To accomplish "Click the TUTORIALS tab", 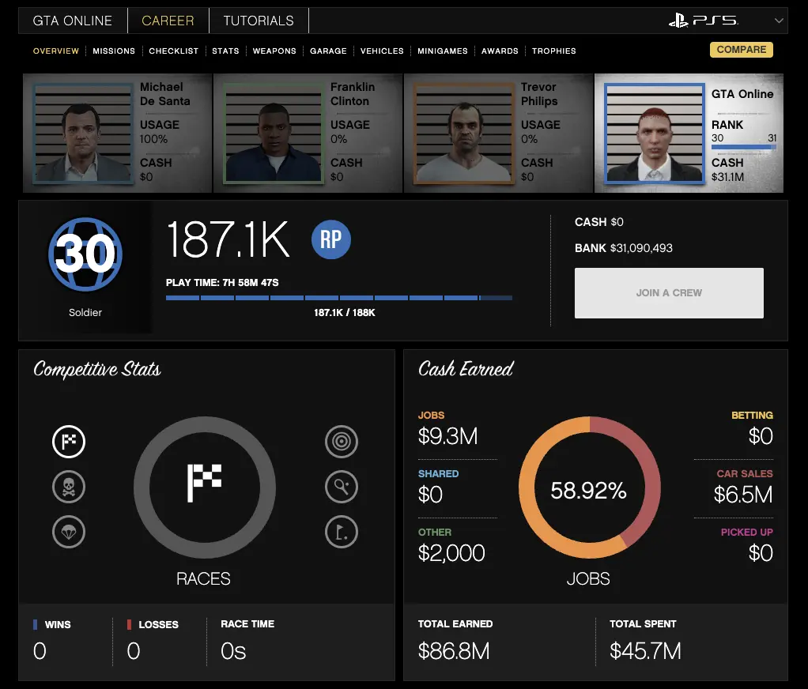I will (x=259, y=21).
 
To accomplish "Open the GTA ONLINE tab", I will (x=73, y=21).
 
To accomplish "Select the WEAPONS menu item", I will (x=274, y=51).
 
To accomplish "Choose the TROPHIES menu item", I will (x=553, y=51).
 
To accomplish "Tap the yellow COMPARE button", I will (x=741, y=50).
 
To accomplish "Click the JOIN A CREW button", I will (x=669, y=293).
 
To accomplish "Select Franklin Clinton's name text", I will (x=353, y=94).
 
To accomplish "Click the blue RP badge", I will (x=330, y=239).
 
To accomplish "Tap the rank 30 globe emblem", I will (x=85, y=254).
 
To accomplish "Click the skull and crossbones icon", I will (x=69, y=487).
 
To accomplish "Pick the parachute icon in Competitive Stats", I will (x=69, y=532).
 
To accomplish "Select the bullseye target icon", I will (x=342, y=442).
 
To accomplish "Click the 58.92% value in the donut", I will (x=588, y=491).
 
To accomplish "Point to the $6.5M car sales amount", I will (x=742, y=495).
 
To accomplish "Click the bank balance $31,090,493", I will (x=641, y=248).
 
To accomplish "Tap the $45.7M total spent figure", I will (x=645, y=651).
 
